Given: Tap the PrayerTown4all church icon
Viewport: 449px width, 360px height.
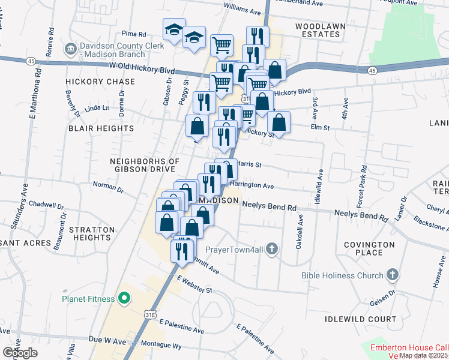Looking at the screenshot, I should tap(272, 248).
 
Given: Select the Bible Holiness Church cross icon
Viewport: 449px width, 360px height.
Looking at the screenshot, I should tap(393, 275).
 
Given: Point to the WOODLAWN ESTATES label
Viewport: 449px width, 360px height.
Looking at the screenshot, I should tap(318, 30).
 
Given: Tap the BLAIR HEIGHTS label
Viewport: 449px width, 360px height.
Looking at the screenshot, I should tap(101, 128).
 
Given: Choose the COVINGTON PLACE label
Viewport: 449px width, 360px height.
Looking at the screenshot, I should tap(369, 248).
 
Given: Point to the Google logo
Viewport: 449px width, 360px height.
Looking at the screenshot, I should tap(20, 352).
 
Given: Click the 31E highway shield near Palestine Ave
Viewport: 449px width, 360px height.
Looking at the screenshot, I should tap(150, 313).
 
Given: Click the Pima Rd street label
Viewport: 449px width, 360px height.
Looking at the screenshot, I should tap(134, 35).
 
